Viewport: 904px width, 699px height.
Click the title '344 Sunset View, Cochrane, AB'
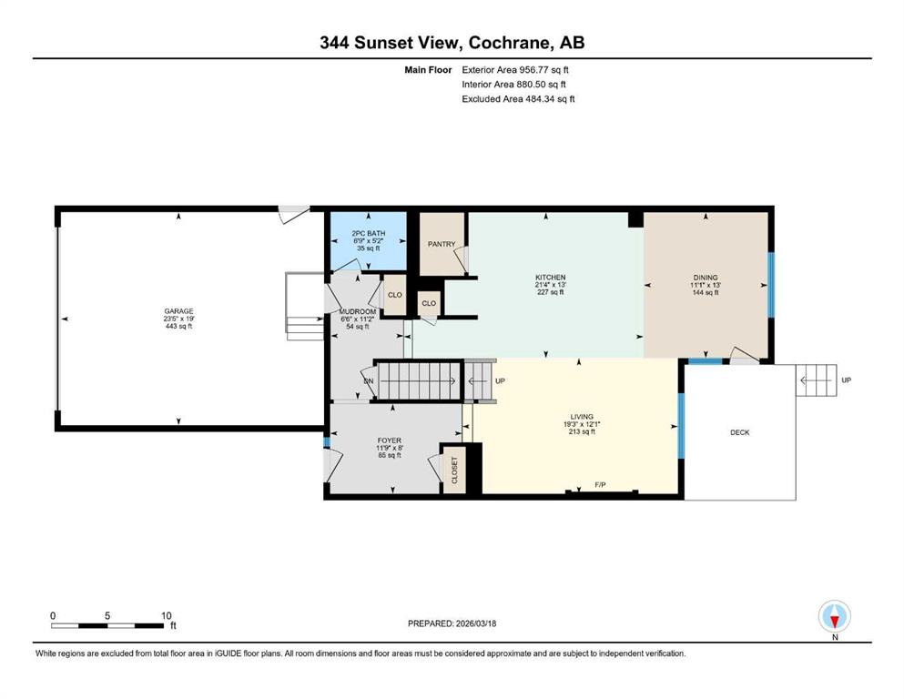(x=452, y=43)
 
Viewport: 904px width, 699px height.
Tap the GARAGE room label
(x=179, y=311)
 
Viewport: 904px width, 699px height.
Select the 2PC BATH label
(x=369, y=234)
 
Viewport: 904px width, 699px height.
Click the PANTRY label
(x=442, y=244)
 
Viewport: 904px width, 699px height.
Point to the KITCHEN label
(x=550, y=278)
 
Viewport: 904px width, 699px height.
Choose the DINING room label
(x=706, y=278)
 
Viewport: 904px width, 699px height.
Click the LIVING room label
(x=579, y=415)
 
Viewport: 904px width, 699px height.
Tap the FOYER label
(x=390, y=441)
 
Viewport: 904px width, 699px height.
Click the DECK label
(x=740, y=432)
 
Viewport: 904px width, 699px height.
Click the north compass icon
(x=834, y=616)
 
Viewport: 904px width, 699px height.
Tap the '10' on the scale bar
(x=166, y=615)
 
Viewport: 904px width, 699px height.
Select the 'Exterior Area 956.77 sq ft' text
(x=517, y=69)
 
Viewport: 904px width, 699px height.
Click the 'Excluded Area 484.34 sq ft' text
(x=518, y=98)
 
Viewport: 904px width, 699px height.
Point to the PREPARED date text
(x=452, y=623)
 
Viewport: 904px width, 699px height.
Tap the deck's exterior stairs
(x=816, y=380)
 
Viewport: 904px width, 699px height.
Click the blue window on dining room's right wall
(x=771, y=284)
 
